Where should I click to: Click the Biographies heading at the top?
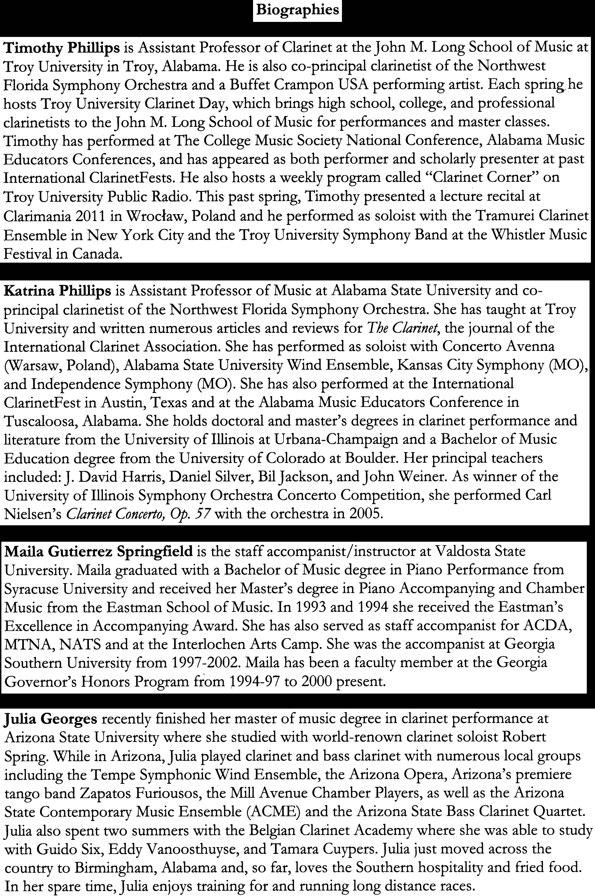tap(297, 10)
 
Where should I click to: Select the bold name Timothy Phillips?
tap(62, 48)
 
